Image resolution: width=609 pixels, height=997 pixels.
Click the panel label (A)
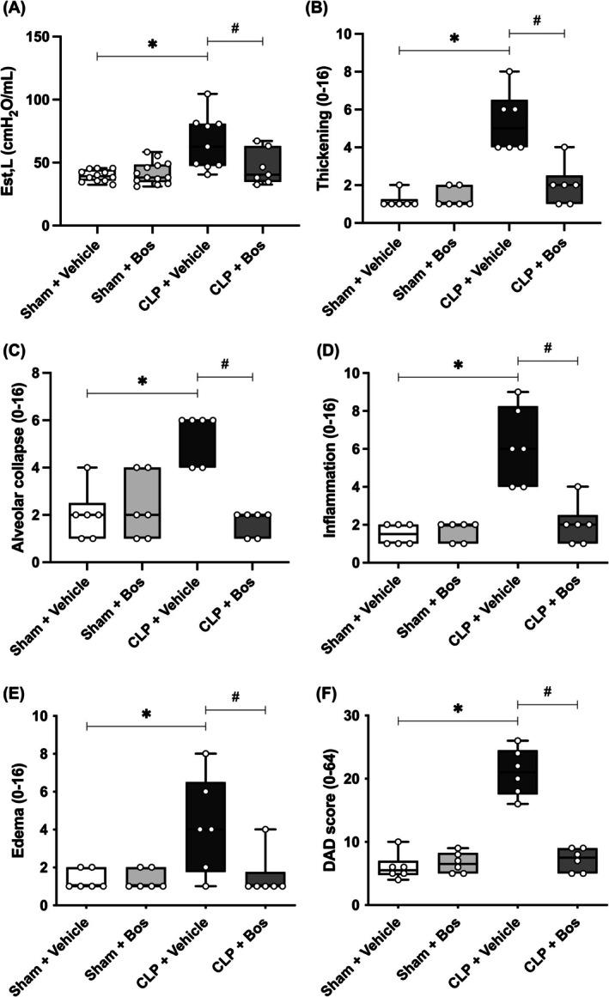click(x=17, y=10)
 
